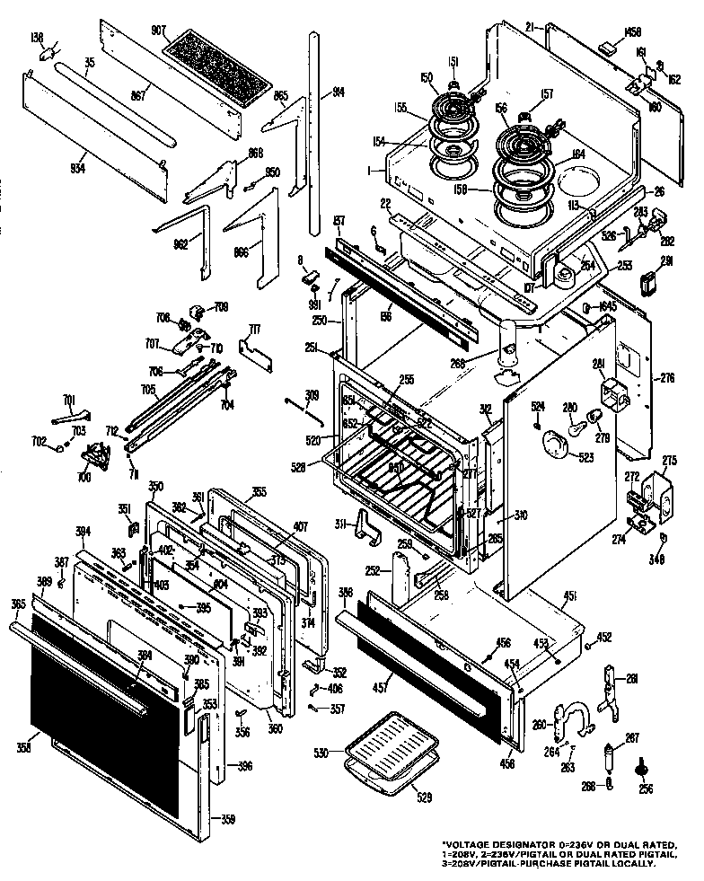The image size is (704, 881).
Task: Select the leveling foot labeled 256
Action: [643, 769]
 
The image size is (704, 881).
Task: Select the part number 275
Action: [669, 461]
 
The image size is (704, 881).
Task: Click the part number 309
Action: [312, 392]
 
